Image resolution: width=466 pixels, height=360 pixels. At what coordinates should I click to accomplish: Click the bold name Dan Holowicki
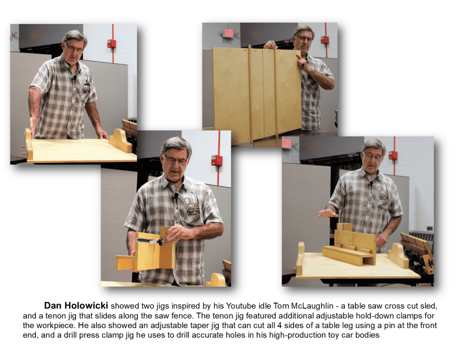pos(76,305)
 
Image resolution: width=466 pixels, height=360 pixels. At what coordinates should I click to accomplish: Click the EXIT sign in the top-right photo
pos(228,33)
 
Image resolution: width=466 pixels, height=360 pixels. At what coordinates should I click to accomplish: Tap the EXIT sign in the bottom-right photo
pos(287,143)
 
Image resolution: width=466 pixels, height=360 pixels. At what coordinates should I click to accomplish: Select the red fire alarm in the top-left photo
pos(111,43)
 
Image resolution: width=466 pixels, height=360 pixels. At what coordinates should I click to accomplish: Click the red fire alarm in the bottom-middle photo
pos(217,160)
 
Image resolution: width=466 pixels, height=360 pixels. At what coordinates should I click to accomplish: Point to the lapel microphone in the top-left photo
pos(74,78)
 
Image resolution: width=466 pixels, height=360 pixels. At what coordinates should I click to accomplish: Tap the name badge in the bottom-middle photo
pos(193,209)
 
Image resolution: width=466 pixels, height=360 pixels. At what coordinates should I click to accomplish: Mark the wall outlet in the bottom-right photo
pos(430,228)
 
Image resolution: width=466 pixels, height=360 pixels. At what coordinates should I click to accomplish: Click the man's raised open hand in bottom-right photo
pos(327,213)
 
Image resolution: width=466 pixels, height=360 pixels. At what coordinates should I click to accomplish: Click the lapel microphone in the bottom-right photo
pos(371,185)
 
